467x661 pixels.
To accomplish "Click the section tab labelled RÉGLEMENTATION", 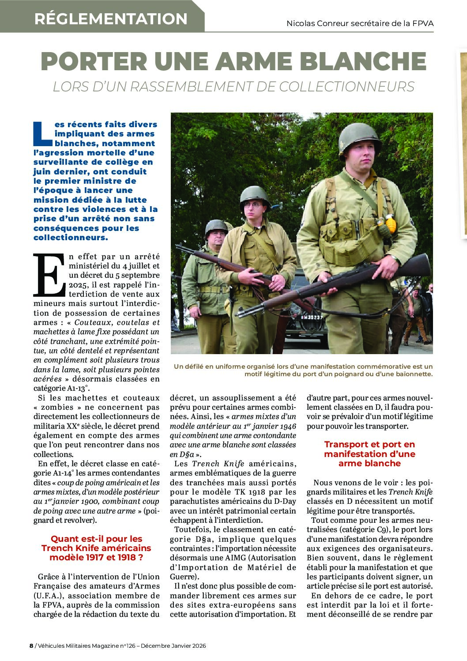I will coord(111,19).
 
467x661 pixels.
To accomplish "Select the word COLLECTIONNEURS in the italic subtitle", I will coord(353,87).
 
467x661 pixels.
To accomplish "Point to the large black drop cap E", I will coord(49,275).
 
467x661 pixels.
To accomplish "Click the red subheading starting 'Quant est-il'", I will coord(96,548).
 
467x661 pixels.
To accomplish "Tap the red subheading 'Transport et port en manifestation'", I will coord(369,453).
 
